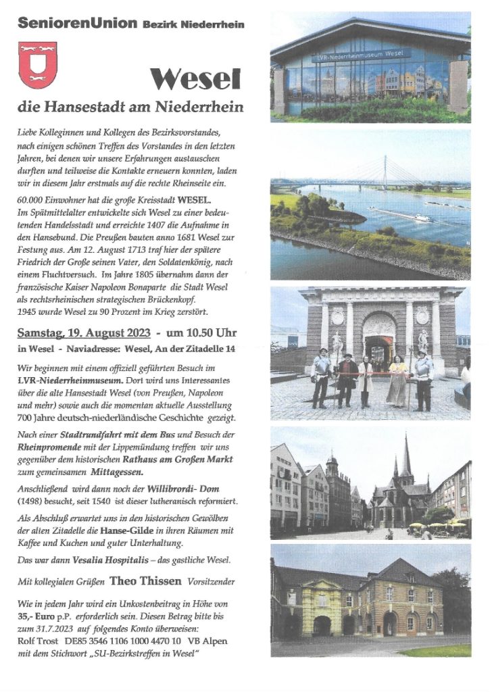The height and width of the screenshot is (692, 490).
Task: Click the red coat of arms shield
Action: (37, 65)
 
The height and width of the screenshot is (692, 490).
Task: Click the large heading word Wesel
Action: (196, 80)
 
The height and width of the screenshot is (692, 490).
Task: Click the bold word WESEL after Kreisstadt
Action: (193, 201)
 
